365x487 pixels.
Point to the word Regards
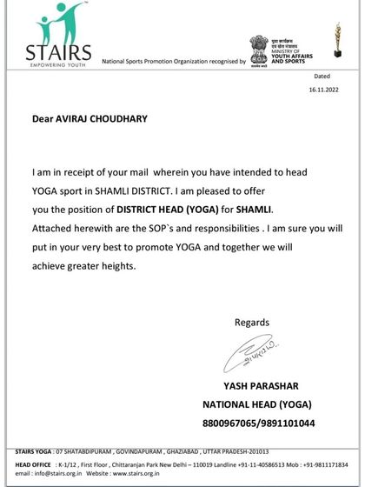coord(253,323)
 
